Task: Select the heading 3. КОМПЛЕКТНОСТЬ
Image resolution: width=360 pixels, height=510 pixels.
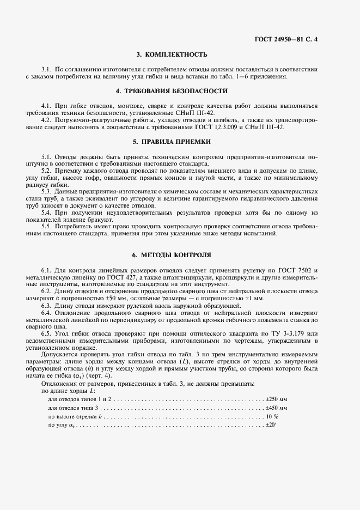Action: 172,54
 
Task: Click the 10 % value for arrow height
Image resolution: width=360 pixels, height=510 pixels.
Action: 271,416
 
